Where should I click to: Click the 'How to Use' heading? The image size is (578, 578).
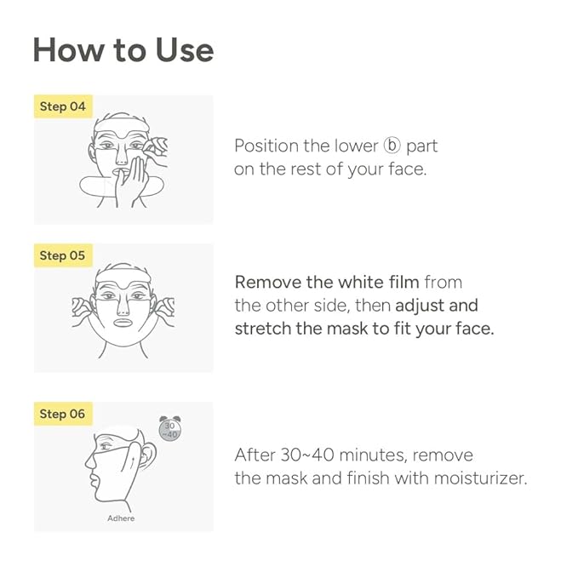click(123, 50)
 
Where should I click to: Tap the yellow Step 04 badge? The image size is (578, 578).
click(63, 107)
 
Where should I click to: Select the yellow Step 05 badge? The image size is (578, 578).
click(63, 255)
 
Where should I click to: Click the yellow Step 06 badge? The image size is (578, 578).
click(63, 414)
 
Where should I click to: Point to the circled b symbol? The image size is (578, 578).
click(392, 146)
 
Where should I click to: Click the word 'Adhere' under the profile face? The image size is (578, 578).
click(121, 518)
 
